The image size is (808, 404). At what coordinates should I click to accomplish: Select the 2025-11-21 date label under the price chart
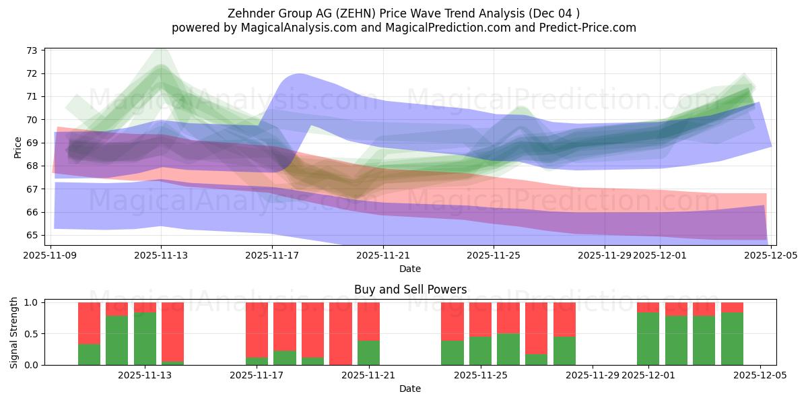(x=383, y=255)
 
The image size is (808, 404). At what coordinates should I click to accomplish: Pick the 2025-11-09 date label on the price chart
(x=50, y=255)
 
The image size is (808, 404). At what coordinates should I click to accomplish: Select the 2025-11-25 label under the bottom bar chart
(x=481, y=375)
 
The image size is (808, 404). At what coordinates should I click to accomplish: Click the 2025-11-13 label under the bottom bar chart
(x=145, y=375)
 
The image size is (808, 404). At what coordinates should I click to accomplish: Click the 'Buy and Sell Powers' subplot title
(x=410, y=290)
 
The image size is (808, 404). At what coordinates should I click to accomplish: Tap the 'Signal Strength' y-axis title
(x=14, y=333)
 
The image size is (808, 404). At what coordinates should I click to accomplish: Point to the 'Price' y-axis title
(x=18, y=146)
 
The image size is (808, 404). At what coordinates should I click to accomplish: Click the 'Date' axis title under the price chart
(x=410, y=269)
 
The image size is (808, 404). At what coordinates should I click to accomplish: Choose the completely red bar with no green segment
(x=341, y=333)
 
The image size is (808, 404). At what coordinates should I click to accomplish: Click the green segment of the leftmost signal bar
(x=90, y=354)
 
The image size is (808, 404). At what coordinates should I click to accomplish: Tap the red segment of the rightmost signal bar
(x=732, y=308)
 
